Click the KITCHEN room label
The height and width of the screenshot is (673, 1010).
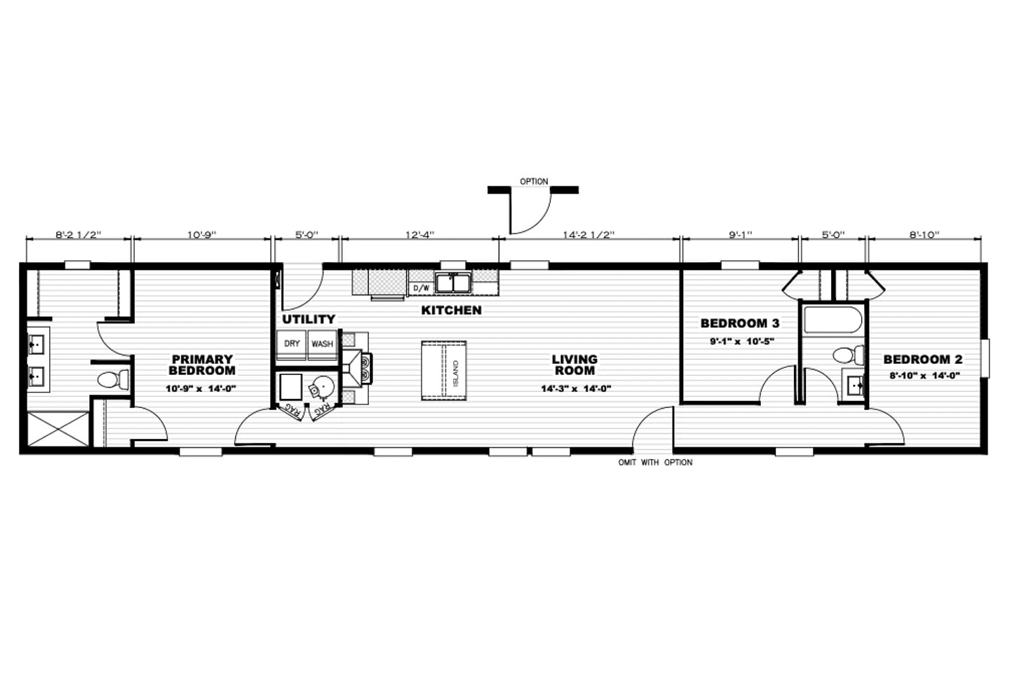[452, 310]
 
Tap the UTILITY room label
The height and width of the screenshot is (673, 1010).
[309, 319]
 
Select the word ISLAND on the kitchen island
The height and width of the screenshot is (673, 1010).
[455, 373]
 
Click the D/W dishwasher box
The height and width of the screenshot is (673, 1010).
[422, 287]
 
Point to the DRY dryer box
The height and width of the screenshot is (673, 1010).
[292, 344]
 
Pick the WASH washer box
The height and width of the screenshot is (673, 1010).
[322, 344]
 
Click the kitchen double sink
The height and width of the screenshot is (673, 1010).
[452, 283]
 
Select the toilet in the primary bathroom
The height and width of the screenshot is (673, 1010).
[113, 379]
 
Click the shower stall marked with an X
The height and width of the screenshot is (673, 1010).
[58, 428]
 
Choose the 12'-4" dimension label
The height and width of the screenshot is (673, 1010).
[419, 235]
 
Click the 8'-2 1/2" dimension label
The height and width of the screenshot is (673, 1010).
[79, 235]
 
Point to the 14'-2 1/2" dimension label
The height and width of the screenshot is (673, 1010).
[589, 235]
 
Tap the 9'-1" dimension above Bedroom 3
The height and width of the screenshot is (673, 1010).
[741, 235]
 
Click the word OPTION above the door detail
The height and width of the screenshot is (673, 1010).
[534, 182]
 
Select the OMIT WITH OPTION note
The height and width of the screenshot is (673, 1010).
[655, 463]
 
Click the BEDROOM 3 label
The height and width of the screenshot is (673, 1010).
[740, 323]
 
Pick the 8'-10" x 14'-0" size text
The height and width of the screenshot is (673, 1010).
[924, 375]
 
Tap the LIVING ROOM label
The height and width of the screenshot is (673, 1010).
[575, 365]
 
